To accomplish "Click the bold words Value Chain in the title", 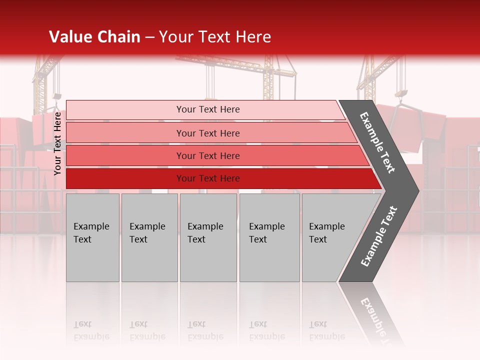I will pyautogui.click(x=94, y=37).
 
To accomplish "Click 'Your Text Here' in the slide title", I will pyautogui.click(x=215, y=37).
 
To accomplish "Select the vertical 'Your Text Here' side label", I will pyautogui.click(x=57, y=143).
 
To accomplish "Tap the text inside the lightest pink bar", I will pyautogui.click(x=208, y=109).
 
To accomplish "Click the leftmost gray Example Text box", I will pyautogui.click(x=92, y=237).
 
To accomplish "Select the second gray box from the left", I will pyautogui.click(x=149, y=237).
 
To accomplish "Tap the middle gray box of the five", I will pyautogui.click(x=208, y=237).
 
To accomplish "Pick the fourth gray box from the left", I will pyautogui.click(x=269, y=237).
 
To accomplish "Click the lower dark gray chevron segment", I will pyautogui.click(x=378, y=236).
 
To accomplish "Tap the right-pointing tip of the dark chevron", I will pyautogui.click(x=415, y=190).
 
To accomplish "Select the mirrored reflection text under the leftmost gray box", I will pyautogui.click(x=91, y=330).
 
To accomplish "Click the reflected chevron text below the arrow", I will pyautogui.click(x=375, y=315).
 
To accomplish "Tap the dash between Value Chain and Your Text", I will pyautogui.click(x=149, y=37).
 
